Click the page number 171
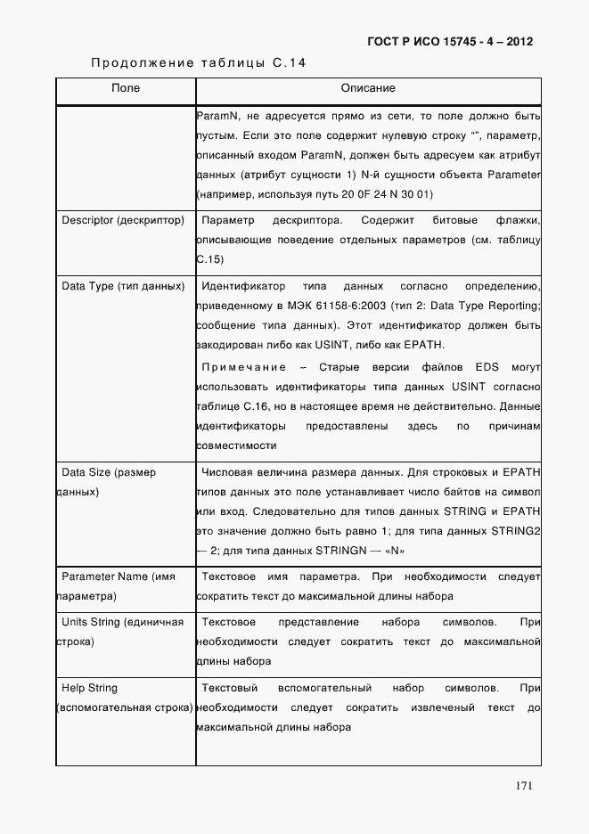pyautogui.click(x=524, y=785)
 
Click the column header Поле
pyautogui.click(x=126, y=89)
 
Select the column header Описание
pyautogui.click(x=368, y=89)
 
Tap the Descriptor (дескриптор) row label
pyautogui.click(x=123, y=220)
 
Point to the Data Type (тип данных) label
pyautogui.click(x=123, y=286)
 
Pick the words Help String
pyautogui.click(x=89, y=688)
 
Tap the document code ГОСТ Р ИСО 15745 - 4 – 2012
pyautogui.click(x=450, y=42)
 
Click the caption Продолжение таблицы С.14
pyautogui.click(x=199, y=62)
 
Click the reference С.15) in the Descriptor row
pyautogui.click(x=209, y=259)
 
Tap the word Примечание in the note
pyautogui.click(x=244, y=367)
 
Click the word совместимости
pyautogui.click(x=236, y=446)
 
